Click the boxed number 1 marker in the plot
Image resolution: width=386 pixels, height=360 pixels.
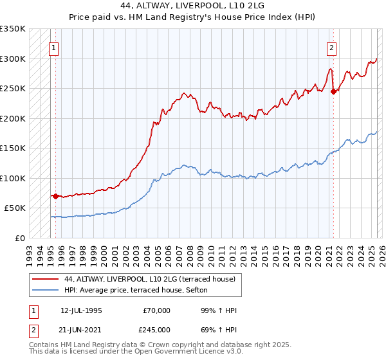coord(55,47)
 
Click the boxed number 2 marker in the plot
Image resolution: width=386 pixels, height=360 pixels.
coord(331,47)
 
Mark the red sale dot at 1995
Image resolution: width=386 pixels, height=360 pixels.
coord(55,196)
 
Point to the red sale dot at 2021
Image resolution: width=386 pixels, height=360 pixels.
coord(333,91)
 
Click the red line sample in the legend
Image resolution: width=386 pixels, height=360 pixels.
coord(46,279)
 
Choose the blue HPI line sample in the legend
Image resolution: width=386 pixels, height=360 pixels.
coord(46,290)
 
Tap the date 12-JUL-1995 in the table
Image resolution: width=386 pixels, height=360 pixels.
coord(81,310)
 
